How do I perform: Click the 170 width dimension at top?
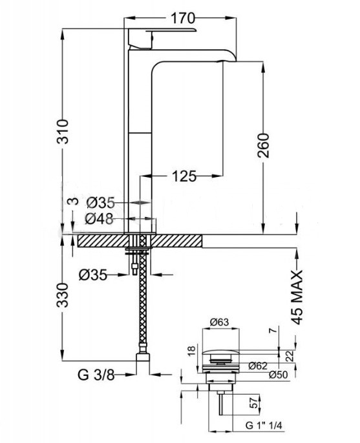tap(183, 19)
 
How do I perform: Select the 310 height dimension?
tap(63, 132)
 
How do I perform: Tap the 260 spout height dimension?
tap(263, 145)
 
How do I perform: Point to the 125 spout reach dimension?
tap(184, 176)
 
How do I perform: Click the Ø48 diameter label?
tap(99, 219)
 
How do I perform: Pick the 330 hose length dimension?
tap(63, 295)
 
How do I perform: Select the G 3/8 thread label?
tap(96, 375)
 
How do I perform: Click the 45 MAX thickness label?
tap(297, 298)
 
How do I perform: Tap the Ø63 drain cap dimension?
tap(220, 322)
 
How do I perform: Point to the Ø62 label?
tap(258, 366)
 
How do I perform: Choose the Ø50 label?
tap(279, 375)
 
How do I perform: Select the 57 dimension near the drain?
tap(255, 402)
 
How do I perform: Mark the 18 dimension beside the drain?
tap(191, 351)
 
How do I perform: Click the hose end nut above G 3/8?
tap(143, 356)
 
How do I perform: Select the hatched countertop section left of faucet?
tap(102, 241)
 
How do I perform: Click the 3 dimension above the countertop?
tap(74, 201)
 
